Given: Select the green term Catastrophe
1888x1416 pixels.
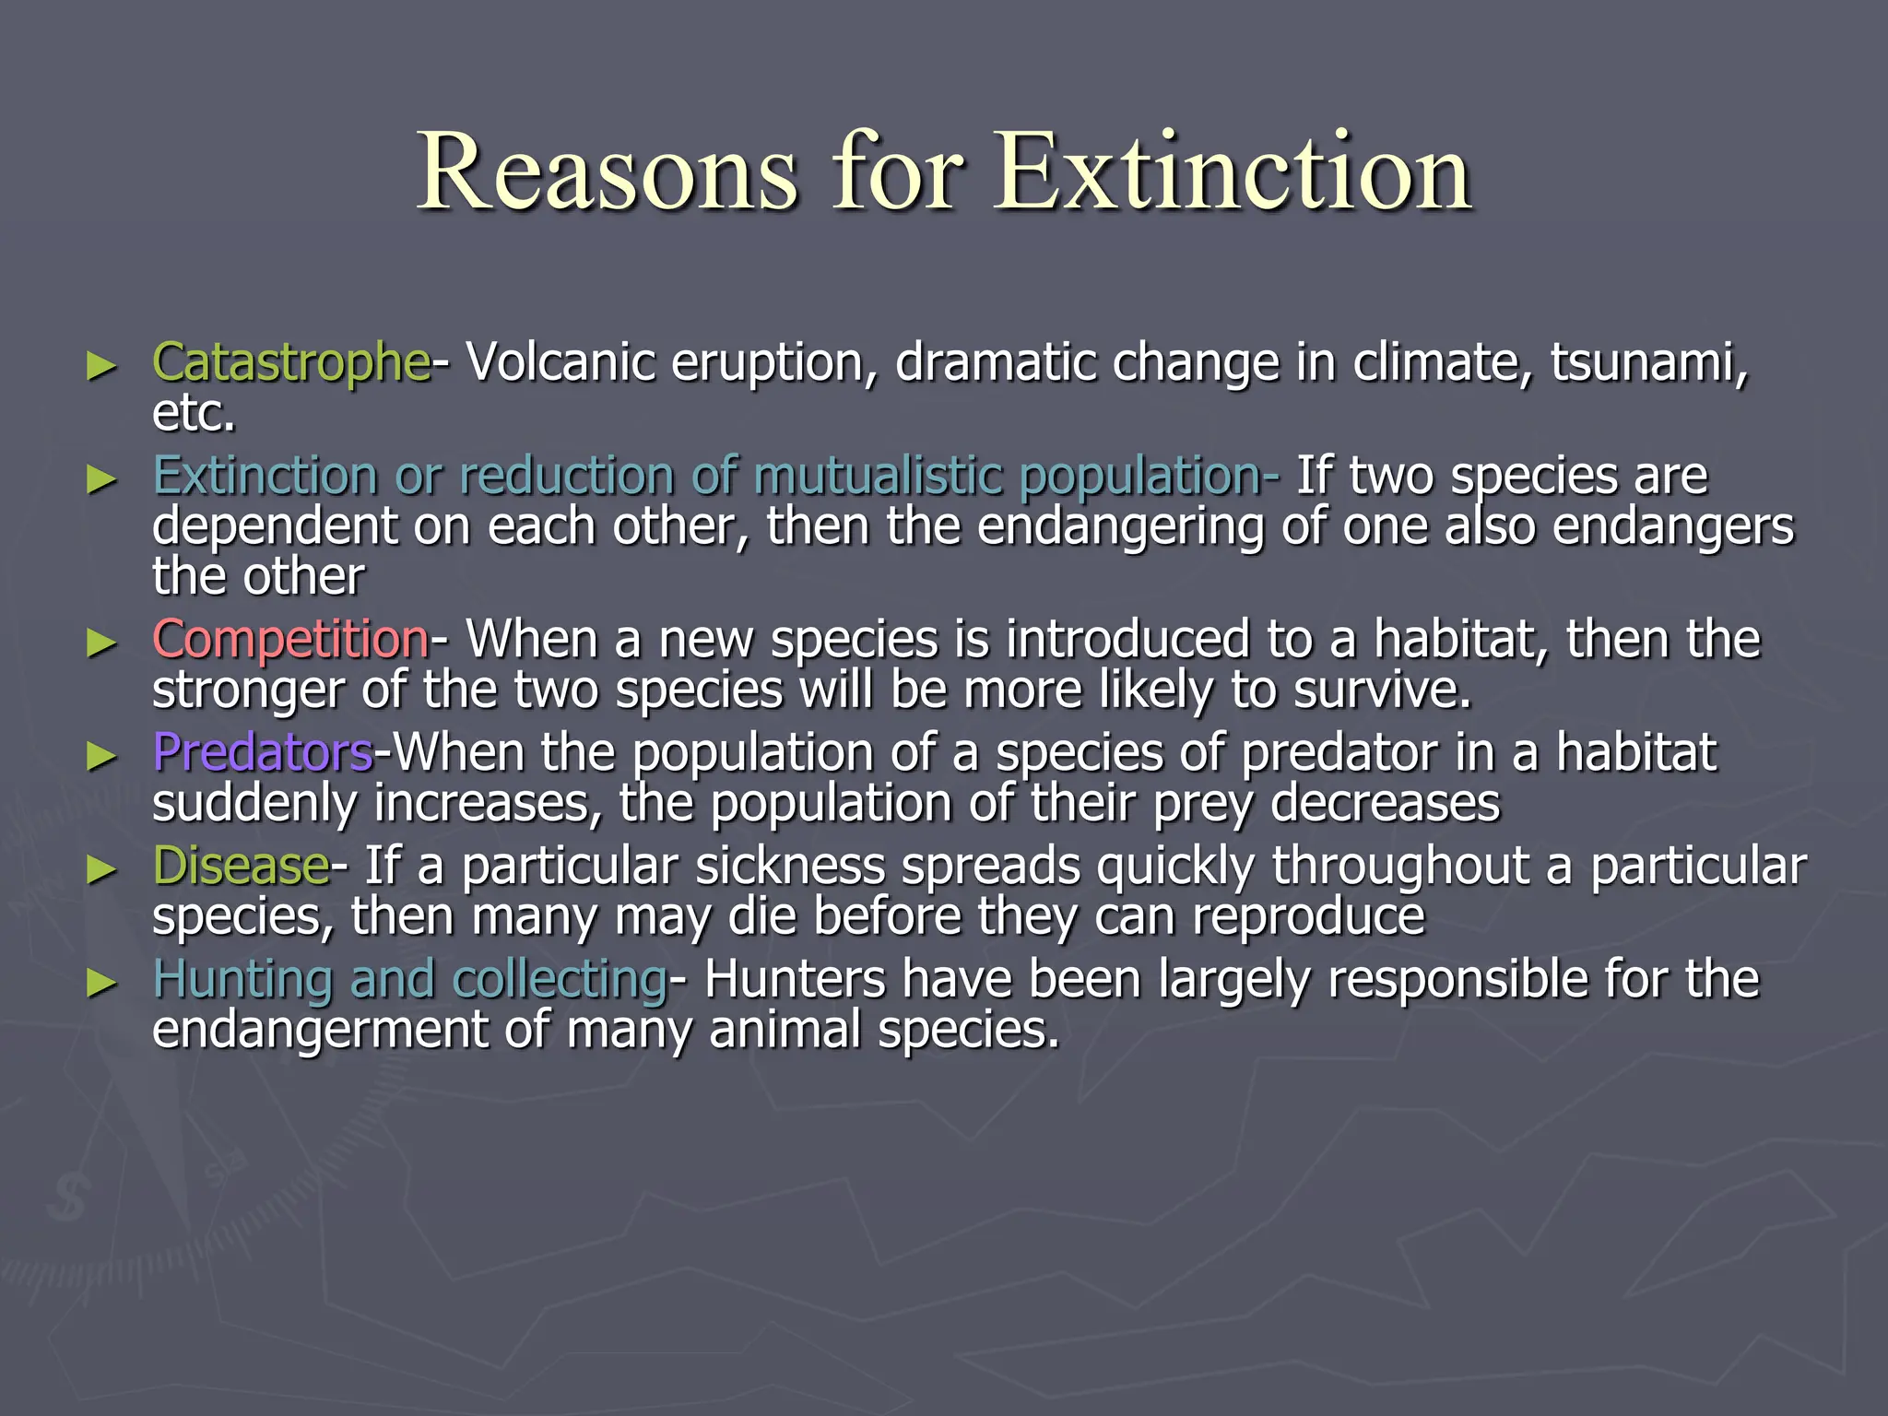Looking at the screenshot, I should [x=290, y=362].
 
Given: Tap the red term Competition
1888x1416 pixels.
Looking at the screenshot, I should [x=290, y=639].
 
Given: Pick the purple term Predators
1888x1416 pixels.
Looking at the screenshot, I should [x=263, y=752].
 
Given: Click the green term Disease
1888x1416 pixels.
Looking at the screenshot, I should [x=241, y=867].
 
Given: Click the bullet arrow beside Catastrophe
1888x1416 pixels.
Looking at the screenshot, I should [x=101, y=366].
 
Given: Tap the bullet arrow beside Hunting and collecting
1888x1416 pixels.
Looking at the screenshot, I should [x=101, y=983].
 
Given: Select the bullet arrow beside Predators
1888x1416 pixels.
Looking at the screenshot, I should [x=101, y=756].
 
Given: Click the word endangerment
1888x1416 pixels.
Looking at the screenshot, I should [x=319, y=1030].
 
